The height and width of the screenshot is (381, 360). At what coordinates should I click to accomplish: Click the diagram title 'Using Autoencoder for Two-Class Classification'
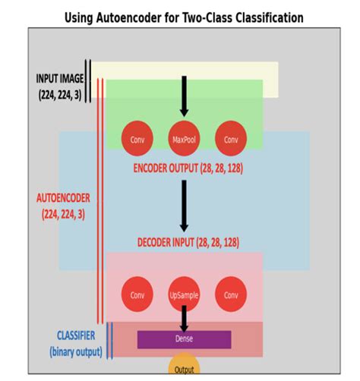click(184, 17)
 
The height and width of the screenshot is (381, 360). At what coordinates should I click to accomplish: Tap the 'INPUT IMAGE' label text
click(60, 79)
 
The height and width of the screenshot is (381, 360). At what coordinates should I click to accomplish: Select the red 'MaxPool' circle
click(184, 140)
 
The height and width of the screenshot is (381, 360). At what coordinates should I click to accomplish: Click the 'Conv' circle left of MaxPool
click(137, 140)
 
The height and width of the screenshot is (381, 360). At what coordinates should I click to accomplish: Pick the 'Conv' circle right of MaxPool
click(231, 140)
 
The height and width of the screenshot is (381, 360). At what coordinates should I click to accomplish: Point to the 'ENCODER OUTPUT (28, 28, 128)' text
click(188, 168)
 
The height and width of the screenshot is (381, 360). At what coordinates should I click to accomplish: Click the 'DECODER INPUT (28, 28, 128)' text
click(188, 242)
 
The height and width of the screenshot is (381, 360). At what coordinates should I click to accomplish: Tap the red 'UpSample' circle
click(184, 295)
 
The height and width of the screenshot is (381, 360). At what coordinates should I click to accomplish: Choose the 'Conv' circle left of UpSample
click(137, 295)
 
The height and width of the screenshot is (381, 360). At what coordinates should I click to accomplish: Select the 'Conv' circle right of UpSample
click(231, 295)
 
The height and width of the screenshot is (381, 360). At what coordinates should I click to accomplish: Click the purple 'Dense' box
click(184, 339)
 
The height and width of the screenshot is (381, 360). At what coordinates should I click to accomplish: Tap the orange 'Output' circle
click(184, 368)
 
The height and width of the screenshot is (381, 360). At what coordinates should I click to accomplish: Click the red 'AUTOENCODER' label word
click(63, 198)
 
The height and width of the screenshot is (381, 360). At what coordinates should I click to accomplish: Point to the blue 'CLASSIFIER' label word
click(76, 335)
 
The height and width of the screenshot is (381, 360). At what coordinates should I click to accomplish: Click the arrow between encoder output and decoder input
click(184, 205)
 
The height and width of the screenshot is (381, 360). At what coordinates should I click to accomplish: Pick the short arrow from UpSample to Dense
click(184, 317)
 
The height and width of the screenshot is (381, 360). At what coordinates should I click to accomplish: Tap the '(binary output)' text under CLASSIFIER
click(75, 351)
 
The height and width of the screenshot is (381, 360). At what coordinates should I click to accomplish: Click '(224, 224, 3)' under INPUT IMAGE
click(60, 95)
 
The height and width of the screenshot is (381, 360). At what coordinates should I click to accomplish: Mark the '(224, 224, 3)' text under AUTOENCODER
click(63, 214)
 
